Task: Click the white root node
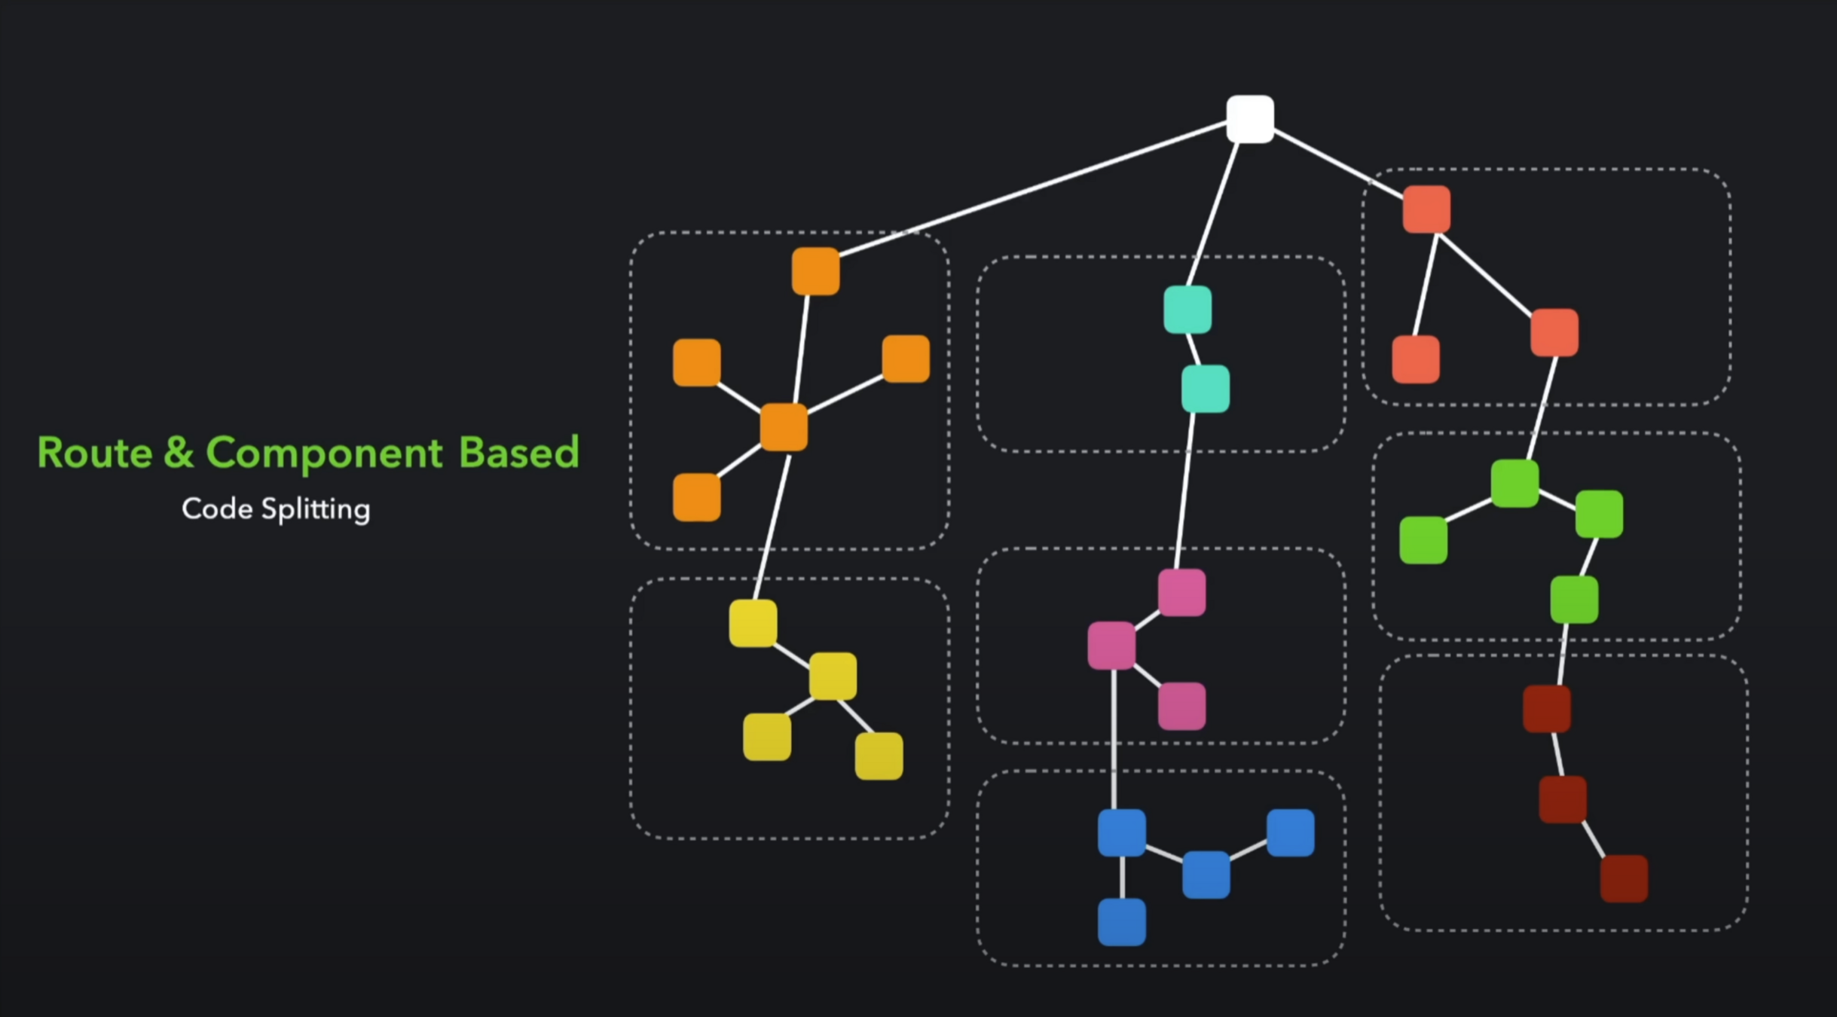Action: point(1250,119)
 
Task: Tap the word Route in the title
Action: point(95,453)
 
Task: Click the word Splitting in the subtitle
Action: point(316,510)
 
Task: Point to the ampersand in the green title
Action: point(179,453)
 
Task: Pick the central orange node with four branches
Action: point(784,427)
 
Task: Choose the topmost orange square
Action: point(815,271)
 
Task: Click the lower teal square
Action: point(1205,389)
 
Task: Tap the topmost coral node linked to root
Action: point(1426,209)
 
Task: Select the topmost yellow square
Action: point(753,623)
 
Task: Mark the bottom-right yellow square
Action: point(879,756)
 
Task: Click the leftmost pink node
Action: point(1111,646)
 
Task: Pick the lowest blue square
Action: point(1121,921)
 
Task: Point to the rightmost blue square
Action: point(1290,832)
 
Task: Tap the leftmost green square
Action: point(1423,540)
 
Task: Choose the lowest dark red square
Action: point(1623,878)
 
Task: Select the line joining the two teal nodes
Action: point(1194,349)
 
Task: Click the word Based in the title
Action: point(518,453)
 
